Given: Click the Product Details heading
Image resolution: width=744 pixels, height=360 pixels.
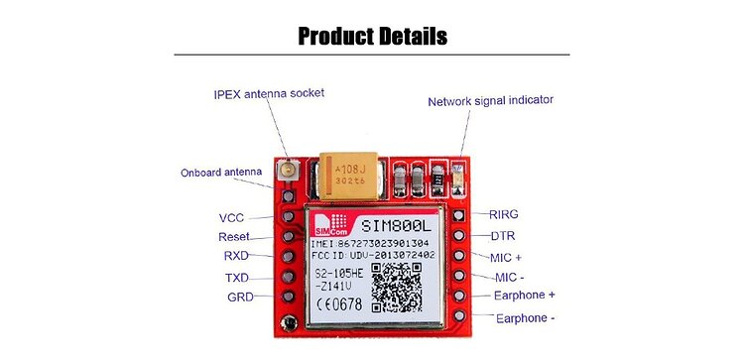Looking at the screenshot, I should pos(372,37).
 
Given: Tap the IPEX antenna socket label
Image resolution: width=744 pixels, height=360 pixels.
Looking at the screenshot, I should pos(269,93).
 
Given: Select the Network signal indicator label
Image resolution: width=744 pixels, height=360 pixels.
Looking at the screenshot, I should pos(490,101).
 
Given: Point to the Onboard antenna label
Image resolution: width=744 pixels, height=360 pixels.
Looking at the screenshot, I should pos(220,173).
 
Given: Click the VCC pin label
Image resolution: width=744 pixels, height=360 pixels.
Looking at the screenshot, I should pos(231,217).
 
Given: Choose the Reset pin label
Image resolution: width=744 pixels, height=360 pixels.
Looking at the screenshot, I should pos(233,237).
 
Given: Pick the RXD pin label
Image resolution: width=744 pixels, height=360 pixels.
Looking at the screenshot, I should pos(235,256).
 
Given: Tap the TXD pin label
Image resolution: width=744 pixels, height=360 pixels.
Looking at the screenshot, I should pos(236,278).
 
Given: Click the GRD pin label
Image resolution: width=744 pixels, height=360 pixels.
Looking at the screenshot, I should pos(239,297).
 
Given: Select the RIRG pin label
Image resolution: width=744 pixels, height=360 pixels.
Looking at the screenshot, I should pos(504,214).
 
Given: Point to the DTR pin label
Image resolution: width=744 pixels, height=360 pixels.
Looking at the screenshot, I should pos(502,236).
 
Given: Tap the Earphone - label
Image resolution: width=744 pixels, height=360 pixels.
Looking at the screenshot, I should pos(525,318).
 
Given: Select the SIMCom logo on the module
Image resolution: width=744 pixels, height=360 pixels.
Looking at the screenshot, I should pos(324,225).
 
